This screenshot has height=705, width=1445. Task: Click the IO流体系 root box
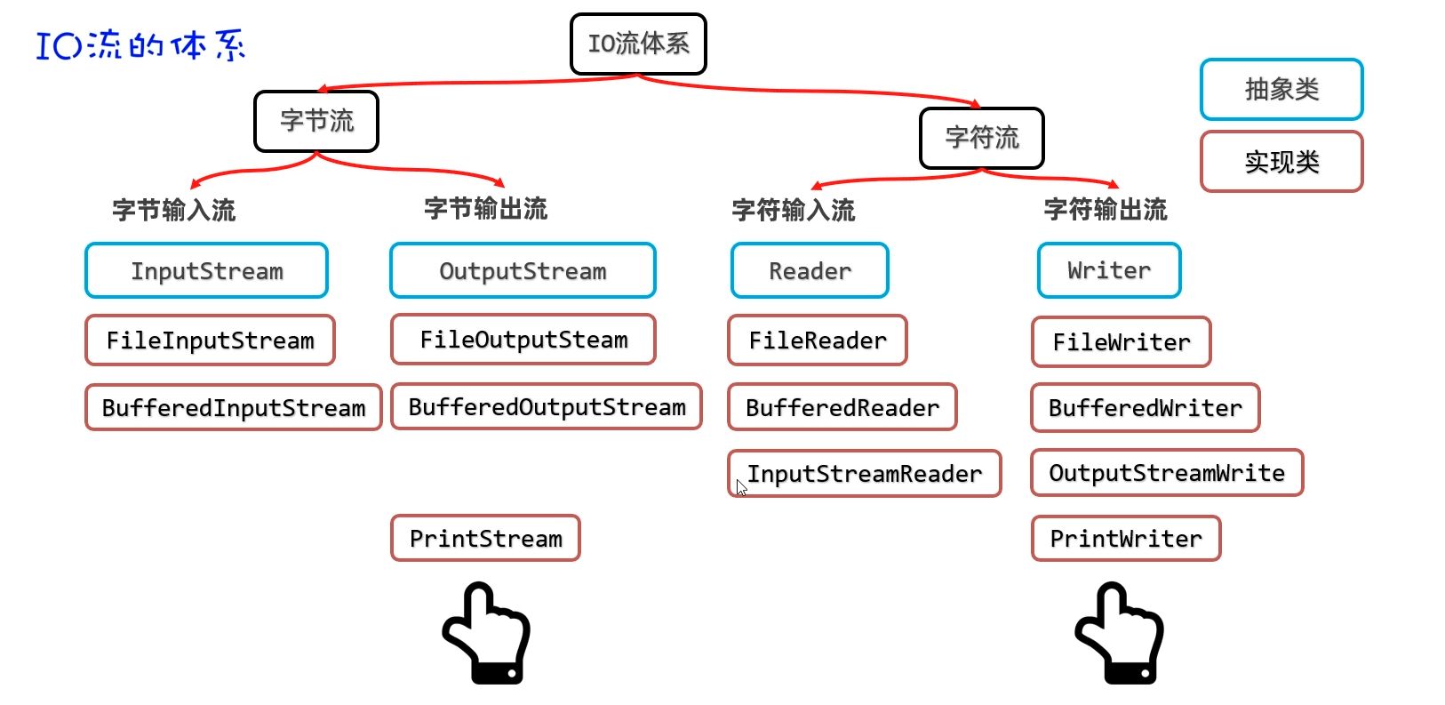(638, 44)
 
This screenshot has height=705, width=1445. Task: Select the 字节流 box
(316, 121)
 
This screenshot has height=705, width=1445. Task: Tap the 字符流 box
(981, 138)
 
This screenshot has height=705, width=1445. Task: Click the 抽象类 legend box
(1281, 89)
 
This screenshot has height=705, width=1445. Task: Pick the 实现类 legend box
(1281, 162)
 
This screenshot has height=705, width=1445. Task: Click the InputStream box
(206, 270)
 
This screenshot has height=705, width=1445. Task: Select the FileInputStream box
(210, 340)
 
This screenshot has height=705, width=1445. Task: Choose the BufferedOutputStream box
(547, 407)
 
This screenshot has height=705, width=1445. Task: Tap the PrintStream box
(485, 538)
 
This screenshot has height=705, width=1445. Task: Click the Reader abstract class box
(810, 270)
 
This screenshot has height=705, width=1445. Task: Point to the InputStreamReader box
(864, 473)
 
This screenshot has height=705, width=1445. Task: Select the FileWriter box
(1121, 342)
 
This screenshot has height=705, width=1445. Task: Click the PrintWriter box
(1126, 539)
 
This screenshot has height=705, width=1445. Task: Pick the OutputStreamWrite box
(1167, 473)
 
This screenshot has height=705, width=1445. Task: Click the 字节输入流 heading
(174, 210)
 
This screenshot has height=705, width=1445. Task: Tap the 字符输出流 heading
(1105, 210)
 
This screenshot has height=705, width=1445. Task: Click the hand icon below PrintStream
(487, 633)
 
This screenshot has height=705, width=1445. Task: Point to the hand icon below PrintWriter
(1120, 633)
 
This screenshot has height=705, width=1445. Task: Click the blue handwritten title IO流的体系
(140, 45)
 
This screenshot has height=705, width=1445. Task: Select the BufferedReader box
(842, 407)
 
